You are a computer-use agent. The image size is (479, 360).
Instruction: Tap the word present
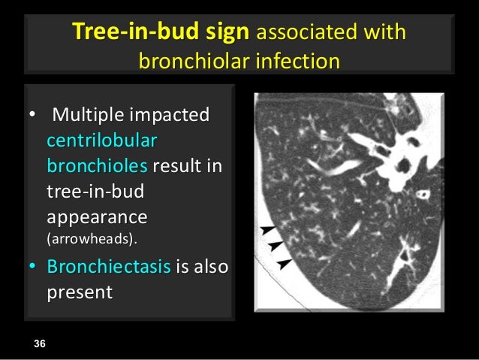coord(80,291)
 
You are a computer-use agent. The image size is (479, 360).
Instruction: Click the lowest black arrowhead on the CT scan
coord(284,262)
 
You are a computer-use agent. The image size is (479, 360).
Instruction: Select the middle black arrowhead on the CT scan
coord(275,246)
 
